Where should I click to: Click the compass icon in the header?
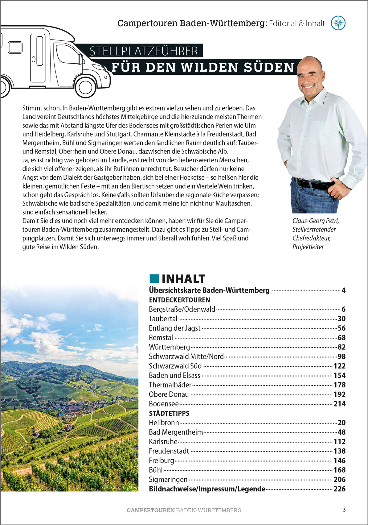click(x=338, y=23)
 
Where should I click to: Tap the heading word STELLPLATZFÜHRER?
click(x=144, y=51)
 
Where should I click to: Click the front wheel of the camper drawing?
click(x=85, y=87)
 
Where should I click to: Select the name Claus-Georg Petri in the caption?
click(x=316, y=221)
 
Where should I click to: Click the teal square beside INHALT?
click(x=154, y=278)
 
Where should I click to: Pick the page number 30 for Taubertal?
click(x=341, y=319)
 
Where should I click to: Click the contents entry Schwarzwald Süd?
click(x=175, y=366)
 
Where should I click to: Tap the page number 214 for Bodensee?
click(x=339, y=404)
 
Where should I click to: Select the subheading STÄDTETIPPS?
click(x=169, y=413)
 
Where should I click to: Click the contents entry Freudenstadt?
click(x=169, y=451)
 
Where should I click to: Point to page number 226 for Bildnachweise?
click(x=339, y=489)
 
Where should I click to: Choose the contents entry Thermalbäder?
click(x=170, y=385)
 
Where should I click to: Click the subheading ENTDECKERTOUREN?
click(x=179, y=300)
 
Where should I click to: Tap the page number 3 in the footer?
click(x=344, y=510)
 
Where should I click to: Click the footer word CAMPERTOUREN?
click(x=151, y=510)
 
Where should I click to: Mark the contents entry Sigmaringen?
click(x=168, y=480)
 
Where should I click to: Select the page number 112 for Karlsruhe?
click(x=339, y=442)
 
